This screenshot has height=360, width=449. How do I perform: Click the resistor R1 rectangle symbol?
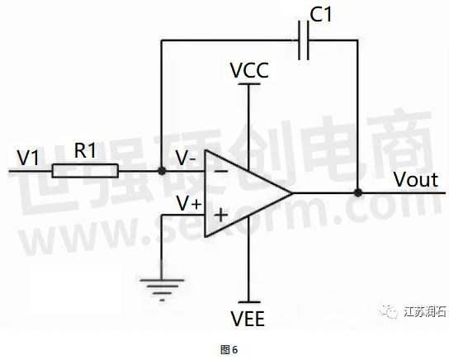tap(85, 171)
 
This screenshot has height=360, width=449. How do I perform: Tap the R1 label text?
tap(85, 150)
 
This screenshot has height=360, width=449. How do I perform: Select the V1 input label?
tap(27, 158)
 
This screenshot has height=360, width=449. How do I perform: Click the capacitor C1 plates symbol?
tap(304, 40)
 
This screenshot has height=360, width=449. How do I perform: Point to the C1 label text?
tap(321, 15)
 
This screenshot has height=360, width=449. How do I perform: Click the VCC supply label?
tap(249, 70)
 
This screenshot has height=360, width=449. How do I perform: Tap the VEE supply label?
tap(248, 319)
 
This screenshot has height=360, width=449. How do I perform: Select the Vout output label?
tap(416, 180)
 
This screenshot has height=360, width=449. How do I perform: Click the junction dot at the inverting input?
tap(162, 171)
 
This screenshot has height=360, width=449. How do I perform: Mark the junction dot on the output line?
tap(357, 192)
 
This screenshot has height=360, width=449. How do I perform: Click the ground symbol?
tap(162, 290)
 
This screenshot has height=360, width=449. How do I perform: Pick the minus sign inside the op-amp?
tap(221, 172)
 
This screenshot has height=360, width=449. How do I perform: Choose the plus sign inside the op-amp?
tap(221, 215)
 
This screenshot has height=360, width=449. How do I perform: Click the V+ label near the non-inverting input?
tap(189, 204)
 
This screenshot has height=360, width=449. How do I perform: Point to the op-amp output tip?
tap(292, 193)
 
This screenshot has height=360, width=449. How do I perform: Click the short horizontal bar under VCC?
tap(249, 84)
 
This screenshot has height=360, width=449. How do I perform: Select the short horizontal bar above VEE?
tap(249, 302)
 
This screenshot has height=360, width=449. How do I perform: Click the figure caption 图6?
tap(229, 350)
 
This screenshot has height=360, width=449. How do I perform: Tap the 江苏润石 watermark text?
tap(425, 311)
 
